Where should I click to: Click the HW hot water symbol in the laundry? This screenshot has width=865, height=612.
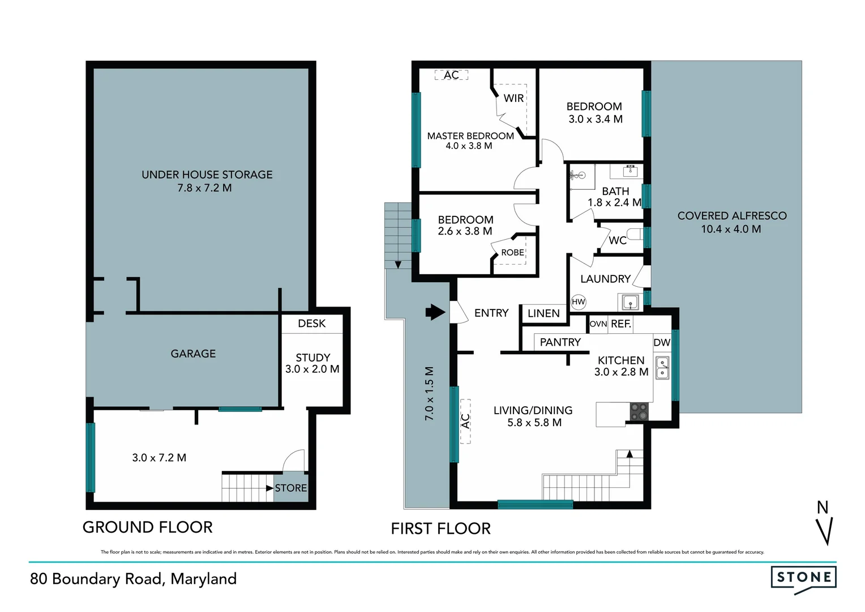578,302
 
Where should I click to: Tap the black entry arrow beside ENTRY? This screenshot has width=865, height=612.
435,312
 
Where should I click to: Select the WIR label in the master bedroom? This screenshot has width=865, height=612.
513,98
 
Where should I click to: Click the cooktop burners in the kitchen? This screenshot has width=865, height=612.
639,411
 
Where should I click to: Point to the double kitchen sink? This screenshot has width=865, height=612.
662,368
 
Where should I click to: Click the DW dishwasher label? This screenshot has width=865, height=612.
661,342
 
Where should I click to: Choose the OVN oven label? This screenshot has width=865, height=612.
598,324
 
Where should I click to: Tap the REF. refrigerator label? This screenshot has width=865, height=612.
621,324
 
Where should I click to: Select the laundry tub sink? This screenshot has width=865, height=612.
630,302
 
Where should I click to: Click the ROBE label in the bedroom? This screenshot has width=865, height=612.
512,253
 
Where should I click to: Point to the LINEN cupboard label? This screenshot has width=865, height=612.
543,313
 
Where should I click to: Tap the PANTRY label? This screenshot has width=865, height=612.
560,342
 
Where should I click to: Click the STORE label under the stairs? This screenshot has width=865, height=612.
290,488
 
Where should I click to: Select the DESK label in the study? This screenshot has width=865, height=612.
311,324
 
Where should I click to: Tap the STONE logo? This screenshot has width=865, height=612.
804,578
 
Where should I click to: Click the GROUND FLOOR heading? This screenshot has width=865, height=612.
147,527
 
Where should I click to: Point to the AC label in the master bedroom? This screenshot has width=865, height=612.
451,75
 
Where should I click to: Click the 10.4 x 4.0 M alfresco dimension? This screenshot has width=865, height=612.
731,229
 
